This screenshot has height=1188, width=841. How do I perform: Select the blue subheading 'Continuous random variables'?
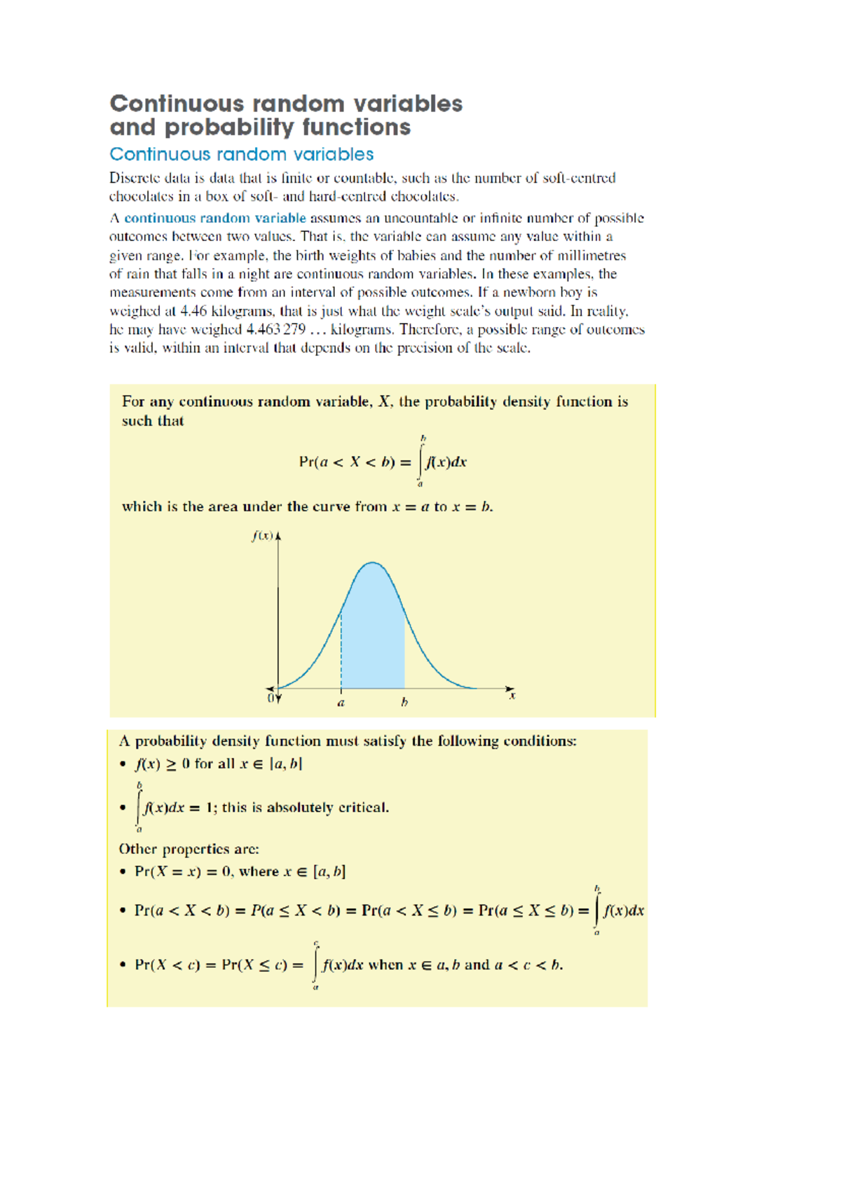[x=241, y=154]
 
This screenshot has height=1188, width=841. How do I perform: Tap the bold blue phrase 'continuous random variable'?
[x=214, y=218]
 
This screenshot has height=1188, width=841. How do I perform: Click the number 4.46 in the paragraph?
[x=193, y=311]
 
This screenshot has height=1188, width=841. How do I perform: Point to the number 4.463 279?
[x=275, y=330]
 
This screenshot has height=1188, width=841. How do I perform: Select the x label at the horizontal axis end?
[x=512, y=696]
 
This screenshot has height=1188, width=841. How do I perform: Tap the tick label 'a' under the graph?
[x=341, y=703]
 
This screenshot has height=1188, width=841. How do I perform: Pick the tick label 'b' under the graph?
[x=404, y=703]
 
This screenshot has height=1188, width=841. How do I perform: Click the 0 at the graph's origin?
[x=271, y=698]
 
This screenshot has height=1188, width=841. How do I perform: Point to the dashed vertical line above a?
[x=341, y=651]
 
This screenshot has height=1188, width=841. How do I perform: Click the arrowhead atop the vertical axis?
[x=278, y=536]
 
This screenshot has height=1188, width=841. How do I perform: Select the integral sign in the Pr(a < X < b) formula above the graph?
[x=420, y=461]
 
